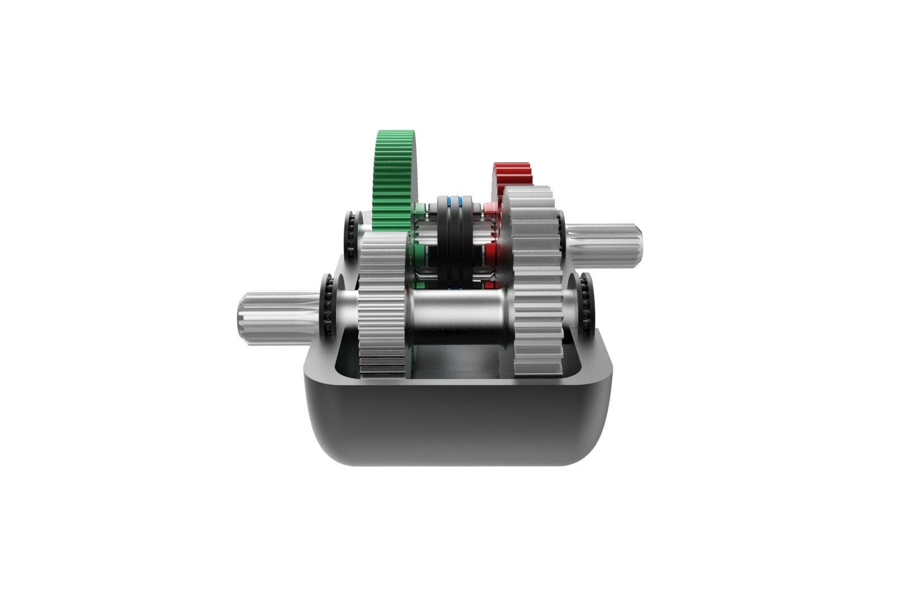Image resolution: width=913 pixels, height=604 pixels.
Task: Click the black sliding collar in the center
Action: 453,240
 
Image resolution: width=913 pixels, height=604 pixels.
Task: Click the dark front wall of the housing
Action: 458,425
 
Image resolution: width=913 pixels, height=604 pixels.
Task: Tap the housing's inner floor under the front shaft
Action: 458,364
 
